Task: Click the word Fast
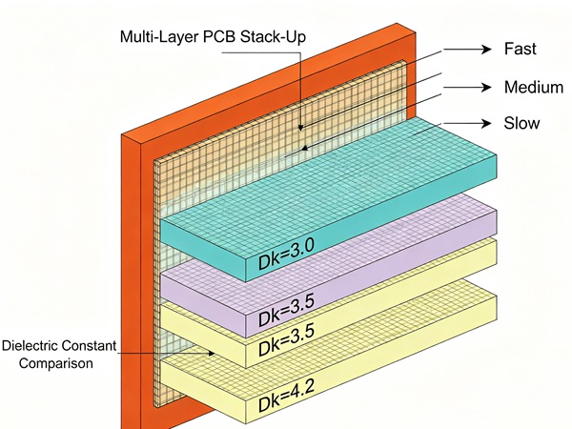(x=520, y=49)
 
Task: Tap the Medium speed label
(x=534, y=87)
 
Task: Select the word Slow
(x=521, y=123)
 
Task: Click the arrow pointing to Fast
(x=467, y=49)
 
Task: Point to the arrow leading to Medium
(x=467, y=87)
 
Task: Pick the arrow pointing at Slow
(x=467, y=123)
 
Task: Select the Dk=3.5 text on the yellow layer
(x=286, y=340)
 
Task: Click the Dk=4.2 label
(x=286, y=396)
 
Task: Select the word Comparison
(x=56, y=363)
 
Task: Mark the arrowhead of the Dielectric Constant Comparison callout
(x=212, y=353)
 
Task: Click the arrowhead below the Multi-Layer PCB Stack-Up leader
(x=300, y=128)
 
